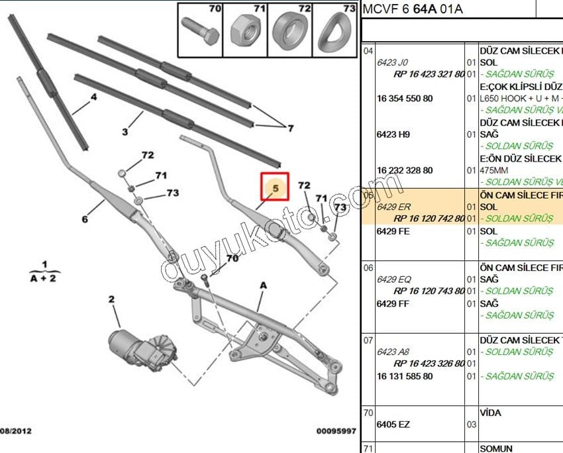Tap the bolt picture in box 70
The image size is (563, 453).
(x=201, y=32)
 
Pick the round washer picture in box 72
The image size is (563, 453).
(x=290, y=32)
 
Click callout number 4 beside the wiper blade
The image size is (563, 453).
(x=93, y=97)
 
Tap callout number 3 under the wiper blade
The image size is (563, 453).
(x=125, y=132)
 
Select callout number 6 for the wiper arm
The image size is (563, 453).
(x=85, y=219)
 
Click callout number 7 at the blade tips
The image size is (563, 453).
(x=289, y=127)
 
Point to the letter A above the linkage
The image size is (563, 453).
(x=263, y=285)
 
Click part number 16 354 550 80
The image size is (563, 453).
(x=404, y=99)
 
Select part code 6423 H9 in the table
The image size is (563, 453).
(x=393, y=134)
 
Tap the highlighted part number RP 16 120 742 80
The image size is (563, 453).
(x=429, y=219)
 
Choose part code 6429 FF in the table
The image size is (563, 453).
(x=393, y=303)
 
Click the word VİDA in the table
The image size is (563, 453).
(x=490, y=413)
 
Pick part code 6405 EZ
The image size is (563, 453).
(x=393, y=425)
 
